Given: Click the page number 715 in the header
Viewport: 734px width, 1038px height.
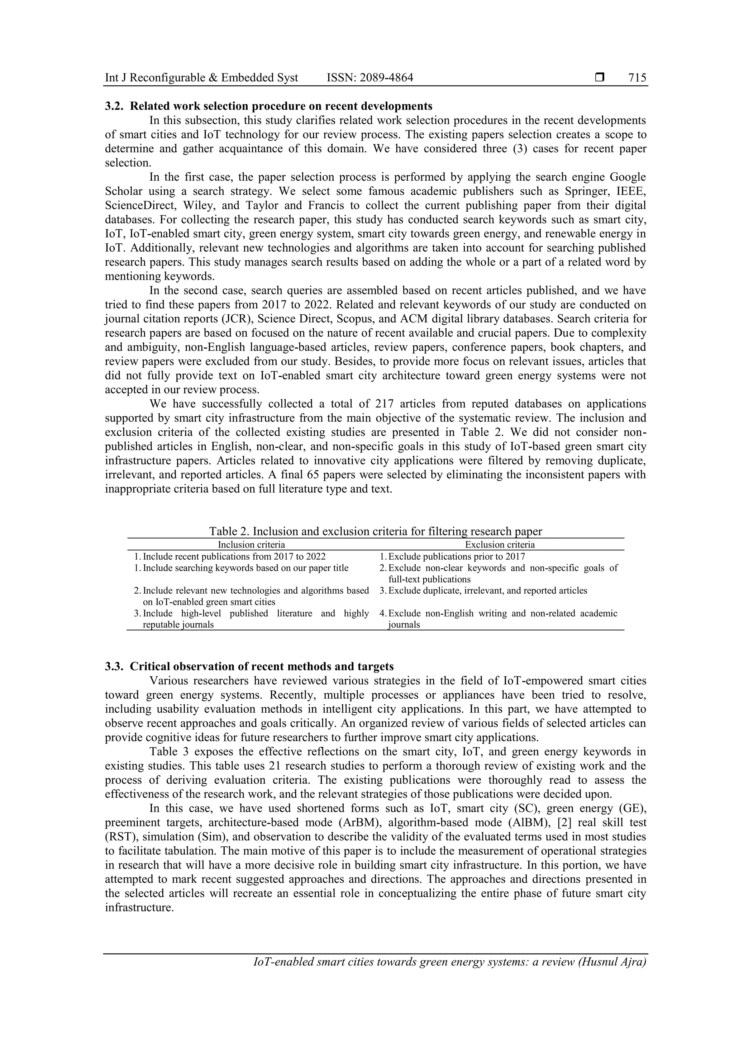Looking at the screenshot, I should point(637,78).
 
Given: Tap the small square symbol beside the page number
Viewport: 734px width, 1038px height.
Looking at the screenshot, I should point(600,78).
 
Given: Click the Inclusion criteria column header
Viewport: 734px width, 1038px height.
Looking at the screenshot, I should point(252,545).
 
